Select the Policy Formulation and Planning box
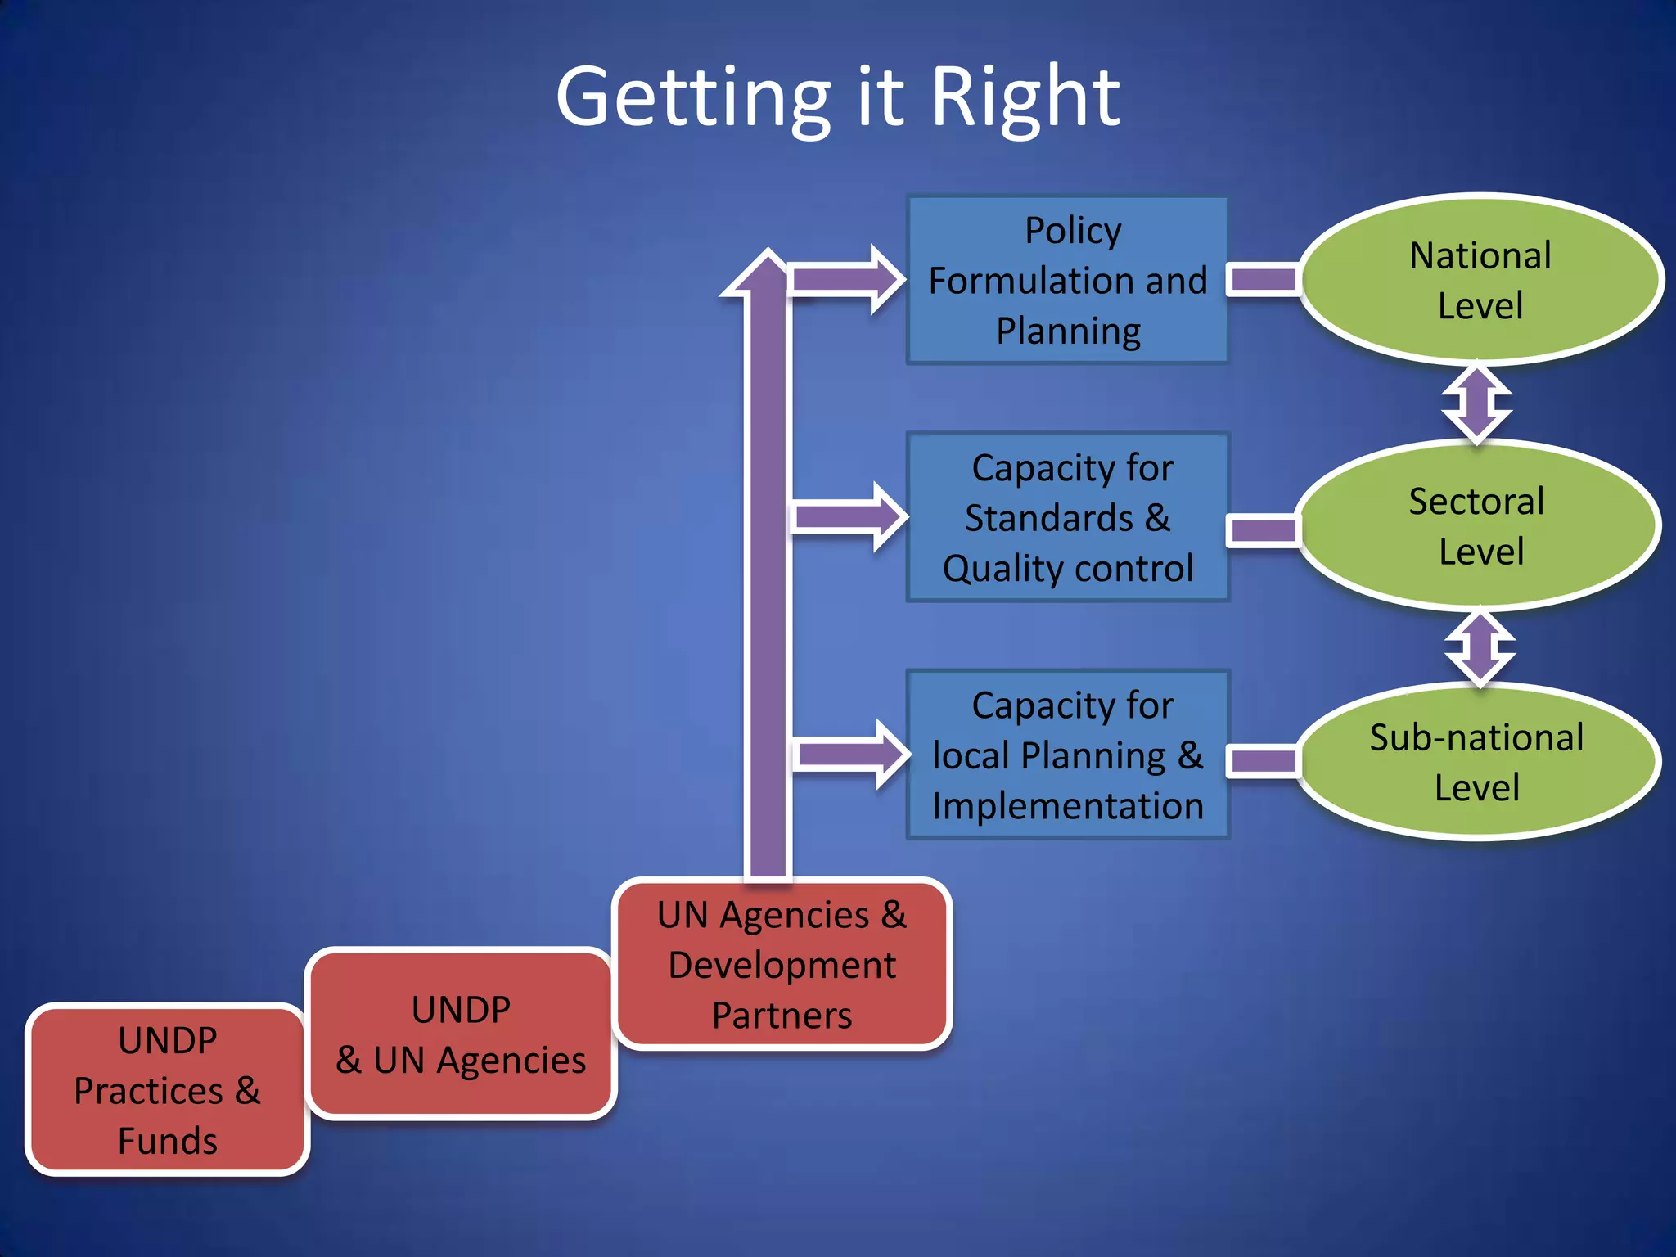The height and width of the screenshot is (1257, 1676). (1067, 280)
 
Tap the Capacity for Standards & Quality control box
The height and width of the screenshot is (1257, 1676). (1067, 518)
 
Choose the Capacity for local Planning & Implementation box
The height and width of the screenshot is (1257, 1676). (1067, 755)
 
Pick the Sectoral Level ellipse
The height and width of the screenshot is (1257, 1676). (1478, 525)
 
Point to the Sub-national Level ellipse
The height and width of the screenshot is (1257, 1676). (1478, 761)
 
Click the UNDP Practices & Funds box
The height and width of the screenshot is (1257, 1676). (168, 1090)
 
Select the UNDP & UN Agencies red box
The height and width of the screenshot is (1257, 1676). (461, 1034)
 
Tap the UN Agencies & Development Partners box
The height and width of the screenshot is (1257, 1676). (782, 964)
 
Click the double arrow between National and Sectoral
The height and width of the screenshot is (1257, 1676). (1476, 403)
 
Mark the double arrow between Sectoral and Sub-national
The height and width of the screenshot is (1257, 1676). (1480, 647)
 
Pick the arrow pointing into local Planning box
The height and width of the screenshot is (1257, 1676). (851, 754)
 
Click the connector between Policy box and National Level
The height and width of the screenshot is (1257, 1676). (1264, 280)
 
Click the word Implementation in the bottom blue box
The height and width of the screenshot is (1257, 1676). (1067, 806)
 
